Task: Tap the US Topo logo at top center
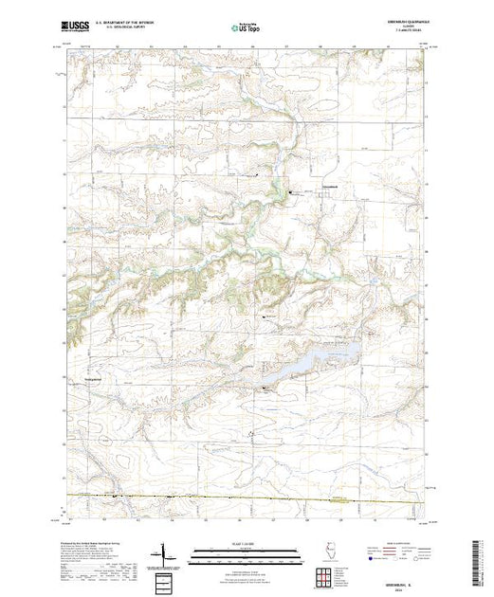tap(246, 28)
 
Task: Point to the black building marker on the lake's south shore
tap(265, 388)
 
